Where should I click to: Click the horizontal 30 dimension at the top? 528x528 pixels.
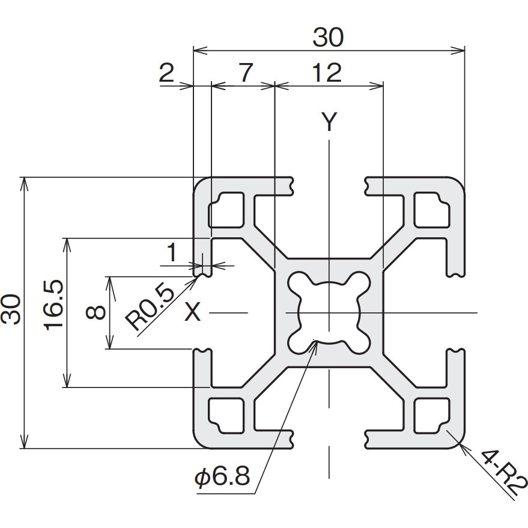pos(329,37)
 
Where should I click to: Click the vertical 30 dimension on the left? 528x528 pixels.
pos(11,309)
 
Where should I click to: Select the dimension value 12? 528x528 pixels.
pos(327,73)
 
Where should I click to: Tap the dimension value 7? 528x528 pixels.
pos(246,73)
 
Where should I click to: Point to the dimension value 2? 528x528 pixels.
pos(166,73)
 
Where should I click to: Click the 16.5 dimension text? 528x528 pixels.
pos(54,305)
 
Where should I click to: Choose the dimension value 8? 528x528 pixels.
pos(96,312)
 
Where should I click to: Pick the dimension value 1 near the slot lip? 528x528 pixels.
pos(172,252)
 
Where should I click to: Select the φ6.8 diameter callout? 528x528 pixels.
pos(222,476)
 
